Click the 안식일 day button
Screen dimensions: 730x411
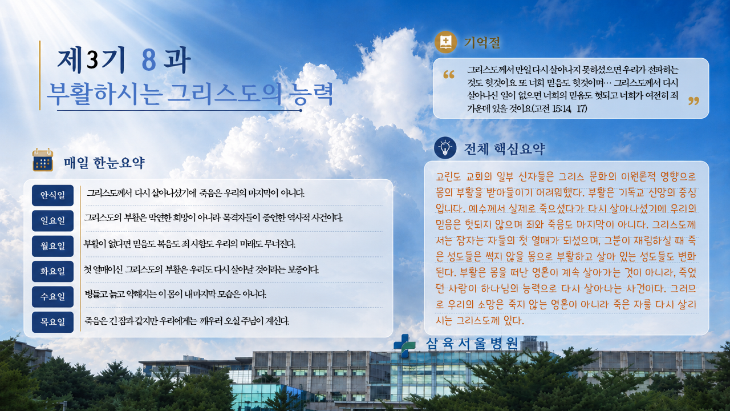[x=53, y=195]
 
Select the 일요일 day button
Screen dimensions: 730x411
[x=53, y=221]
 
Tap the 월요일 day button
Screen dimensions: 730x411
[x=53, y=246]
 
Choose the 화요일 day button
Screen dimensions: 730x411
[x=53, y=271]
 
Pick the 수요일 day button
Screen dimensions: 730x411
[x=53, y=297]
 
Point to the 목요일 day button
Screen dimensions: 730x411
[x=53, y=323]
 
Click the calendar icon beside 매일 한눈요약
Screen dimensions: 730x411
[x=43, y=160]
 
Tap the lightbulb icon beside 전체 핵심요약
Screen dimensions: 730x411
[x=445, y=148]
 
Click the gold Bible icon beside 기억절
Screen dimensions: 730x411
[x=445, y=42]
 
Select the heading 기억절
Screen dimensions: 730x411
[x=482, y=42]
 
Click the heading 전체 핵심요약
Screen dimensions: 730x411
[x=505, y=149]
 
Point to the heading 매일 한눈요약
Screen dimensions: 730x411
[x=104, y=163]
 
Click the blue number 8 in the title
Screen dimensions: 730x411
[x=149, y=61]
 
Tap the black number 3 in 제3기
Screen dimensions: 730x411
[x=92, y=60]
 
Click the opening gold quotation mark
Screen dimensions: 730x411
[x=449, y=74]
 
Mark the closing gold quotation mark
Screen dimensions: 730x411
[x=694, y=101]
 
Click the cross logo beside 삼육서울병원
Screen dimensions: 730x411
[x=405, y=346]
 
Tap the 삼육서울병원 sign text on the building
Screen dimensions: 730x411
[x=472, y=344]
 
